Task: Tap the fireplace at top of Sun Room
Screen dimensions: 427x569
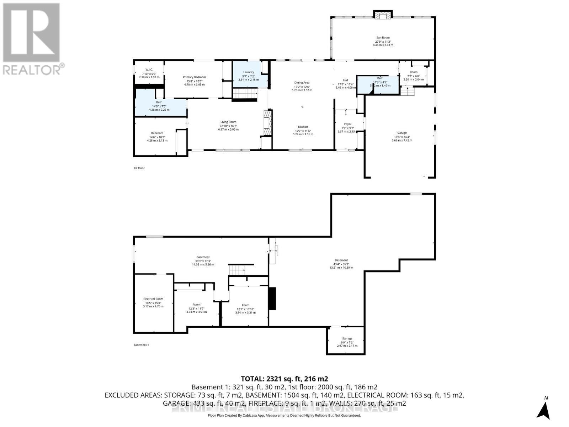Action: (383, 15)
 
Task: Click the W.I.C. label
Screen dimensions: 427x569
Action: (149, 69)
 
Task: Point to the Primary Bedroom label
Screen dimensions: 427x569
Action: (194, 77)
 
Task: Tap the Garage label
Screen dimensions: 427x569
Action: (402, 133)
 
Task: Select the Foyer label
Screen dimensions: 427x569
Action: (347, 124)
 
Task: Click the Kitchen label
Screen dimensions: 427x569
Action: (303, 127)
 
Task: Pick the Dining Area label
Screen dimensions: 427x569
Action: (302, 83)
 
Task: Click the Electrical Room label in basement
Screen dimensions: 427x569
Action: (153, 299)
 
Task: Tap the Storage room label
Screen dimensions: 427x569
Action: (347, 338)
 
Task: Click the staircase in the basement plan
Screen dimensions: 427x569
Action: (237, 270)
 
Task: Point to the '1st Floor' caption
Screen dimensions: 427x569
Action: (139, 168)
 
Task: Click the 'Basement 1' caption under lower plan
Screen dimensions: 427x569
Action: (141, 345)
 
